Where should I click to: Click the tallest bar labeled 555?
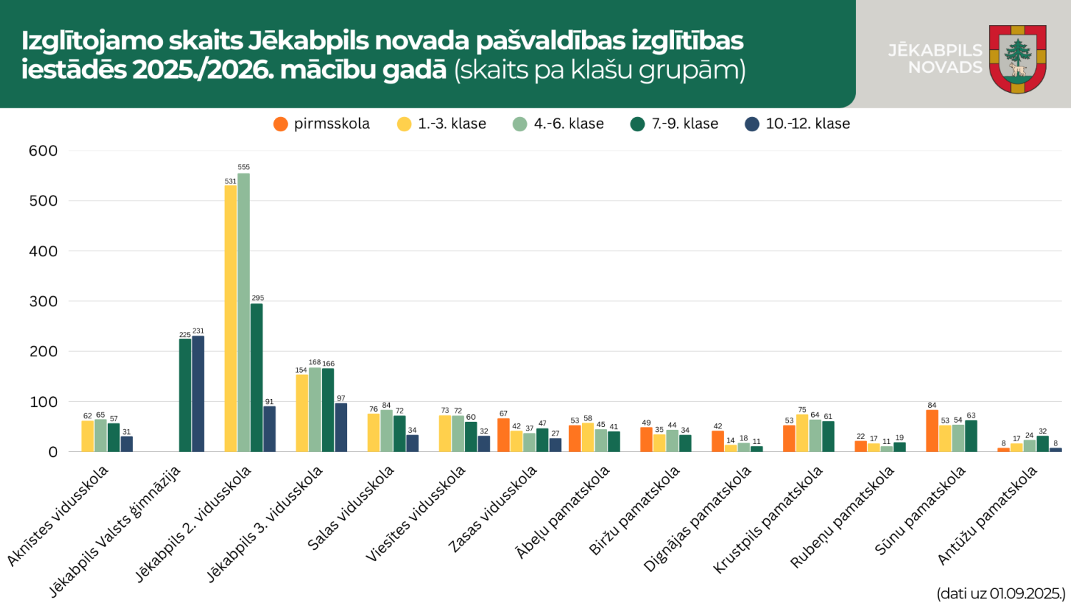pyautogui.click(x=243, y=312)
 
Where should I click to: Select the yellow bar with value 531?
pyautogui.click(x=231, y=318)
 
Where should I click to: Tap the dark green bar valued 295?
pyautogui.click(x=256, y=377)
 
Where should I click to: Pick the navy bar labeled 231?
pyautogui.click(x=198, y=393)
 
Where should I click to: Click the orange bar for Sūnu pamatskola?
pyautogui.click(x=932, y=431)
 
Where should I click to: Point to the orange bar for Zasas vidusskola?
pyautogui.click(x=503, y=435)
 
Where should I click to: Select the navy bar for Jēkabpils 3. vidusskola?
pyautogui.click(x=341, y=427)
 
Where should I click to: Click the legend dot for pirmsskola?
pyautogui.click(x=281, y=124)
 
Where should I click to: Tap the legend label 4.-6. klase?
pyautogui.click(x=568, y=124)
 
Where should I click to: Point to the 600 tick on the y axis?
pyautogui.click(x=43, y=151)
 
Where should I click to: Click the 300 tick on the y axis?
pyautogui.click(x=43, y=301)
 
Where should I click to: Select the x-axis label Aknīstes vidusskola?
pyautogui.click(x=59, y=515)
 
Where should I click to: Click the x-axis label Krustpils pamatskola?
pyautogui.click(x=769, y=519)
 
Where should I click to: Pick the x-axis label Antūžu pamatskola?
pyautogui.click(x=987, y=515)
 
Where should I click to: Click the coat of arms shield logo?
pyautogui.click(x=1017, y=59)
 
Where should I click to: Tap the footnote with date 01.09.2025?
pyautogui.click(x=1000, y=594)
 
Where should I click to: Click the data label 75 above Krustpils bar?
pyautogui.click(x=802, y=410)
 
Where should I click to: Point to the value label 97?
pyautogui.click(x=341, y=398)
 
